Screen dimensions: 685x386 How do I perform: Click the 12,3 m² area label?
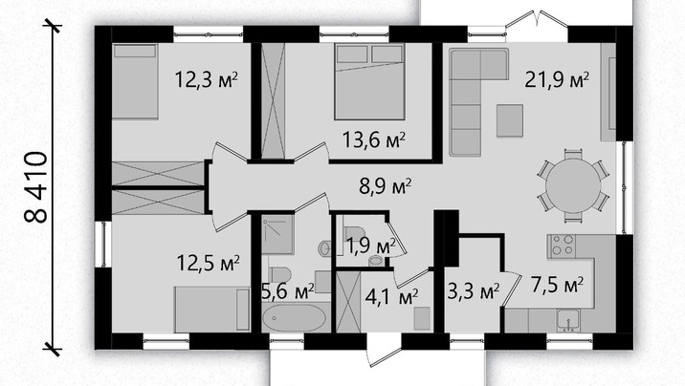point(207,79)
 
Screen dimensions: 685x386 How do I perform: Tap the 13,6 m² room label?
point(374,140)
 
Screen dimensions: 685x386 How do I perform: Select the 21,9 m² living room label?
point(557,79)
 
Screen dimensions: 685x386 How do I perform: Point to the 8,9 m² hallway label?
point(385,186)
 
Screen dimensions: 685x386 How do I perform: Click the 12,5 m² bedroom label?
point(208,263)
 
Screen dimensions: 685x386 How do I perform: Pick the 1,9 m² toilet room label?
point(370,246)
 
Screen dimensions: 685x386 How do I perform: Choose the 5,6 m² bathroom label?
point(288,290)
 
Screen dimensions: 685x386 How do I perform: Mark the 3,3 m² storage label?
point(474,290)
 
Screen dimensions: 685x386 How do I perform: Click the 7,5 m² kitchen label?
point(557,286)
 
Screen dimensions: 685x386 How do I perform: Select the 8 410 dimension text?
point(35,187)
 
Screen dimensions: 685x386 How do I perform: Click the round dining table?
point(573,185)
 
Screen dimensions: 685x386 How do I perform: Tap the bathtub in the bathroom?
point(294,317)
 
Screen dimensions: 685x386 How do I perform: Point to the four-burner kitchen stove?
point(562,246)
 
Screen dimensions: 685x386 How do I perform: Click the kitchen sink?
point(568,321)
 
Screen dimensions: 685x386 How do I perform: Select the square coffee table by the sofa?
point(510,120)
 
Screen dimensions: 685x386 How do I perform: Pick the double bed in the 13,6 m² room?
point(369,81)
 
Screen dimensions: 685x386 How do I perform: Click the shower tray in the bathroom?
point(277,235)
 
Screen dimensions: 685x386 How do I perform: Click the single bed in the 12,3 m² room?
point(135,81)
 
